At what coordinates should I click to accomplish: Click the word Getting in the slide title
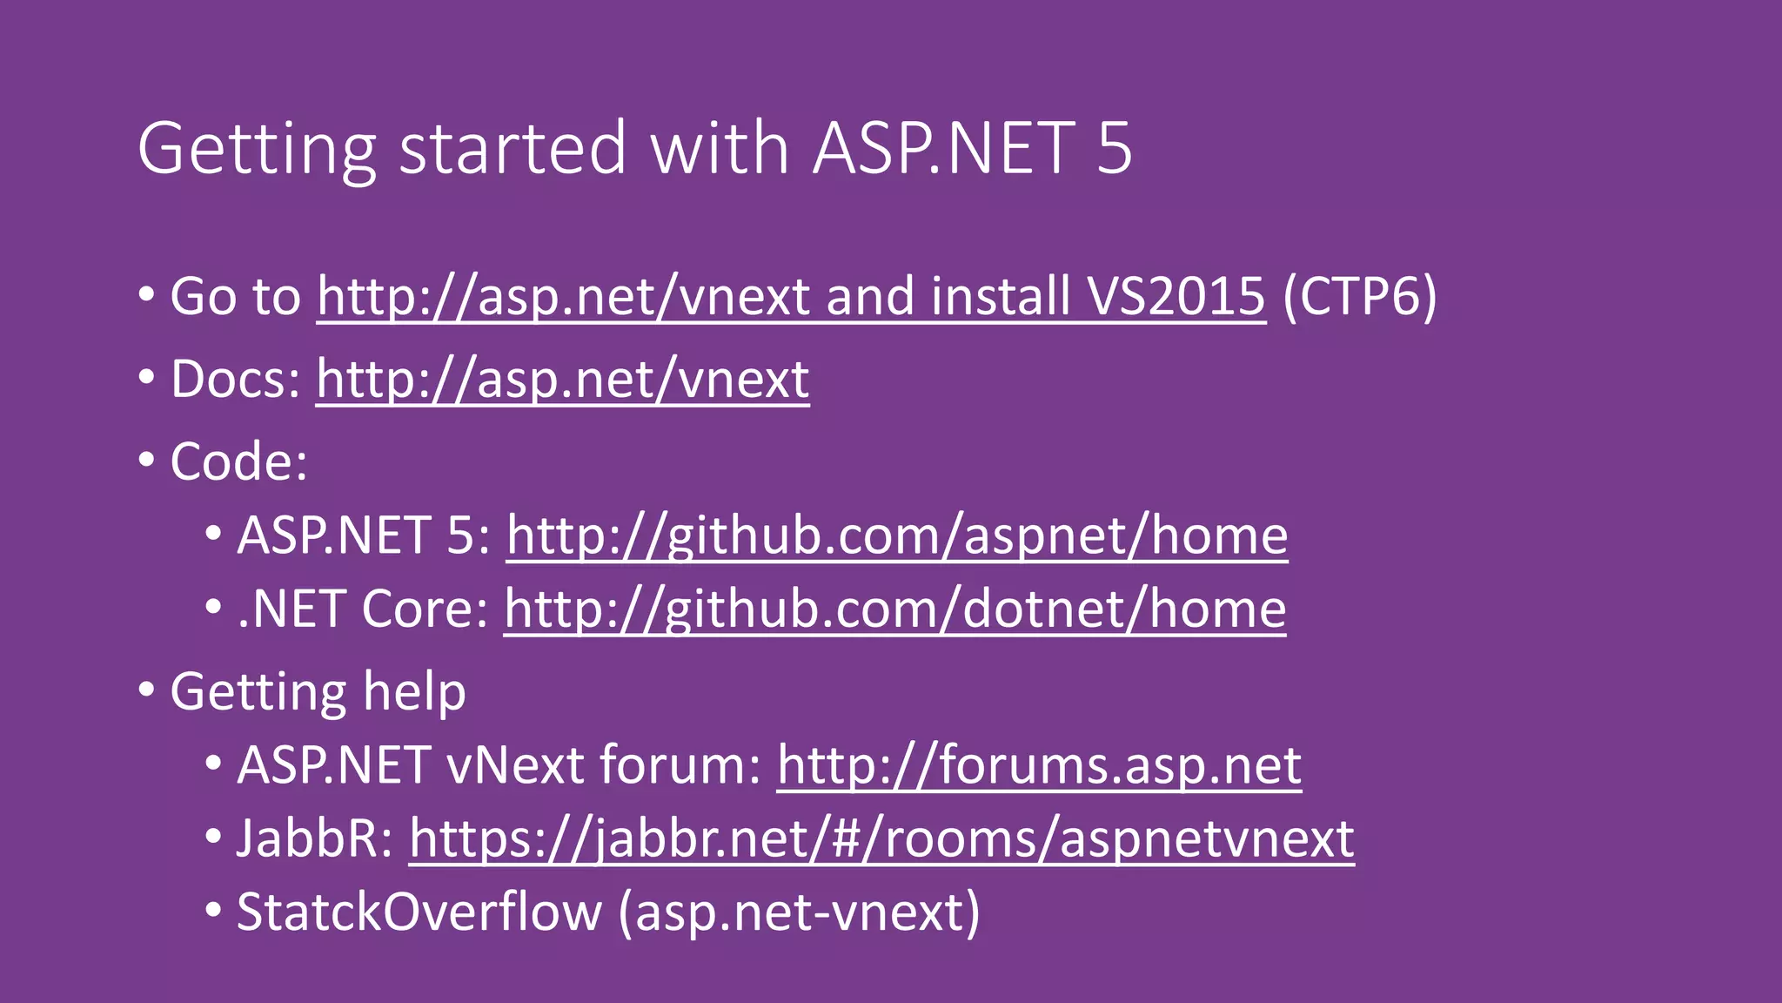tap(257, 149)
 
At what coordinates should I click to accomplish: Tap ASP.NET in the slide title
tap(944, 149)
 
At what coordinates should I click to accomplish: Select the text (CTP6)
tap(1359, 297)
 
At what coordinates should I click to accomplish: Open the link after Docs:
tap(562, 380)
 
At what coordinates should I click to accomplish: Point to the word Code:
tap(238, 461)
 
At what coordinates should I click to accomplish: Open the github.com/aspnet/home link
tap(896, 535)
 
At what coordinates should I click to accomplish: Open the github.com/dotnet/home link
tap(894, 609)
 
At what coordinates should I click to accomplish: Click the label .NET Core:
tap(362, 609)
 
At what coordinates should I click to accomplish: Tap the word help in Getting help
tap(414, 692)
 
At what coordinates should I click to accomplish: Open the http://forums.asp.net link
tap(1039, 765)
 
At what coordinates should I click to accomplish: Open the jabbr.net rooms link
tap(881, 838)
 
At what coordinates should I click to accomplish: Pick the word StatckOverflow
tap(419, 912)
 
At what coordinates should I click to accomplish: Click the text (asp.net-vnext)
tap(799, 912)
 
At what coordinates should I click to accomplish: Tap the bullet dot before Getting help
tap(146, 690)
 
